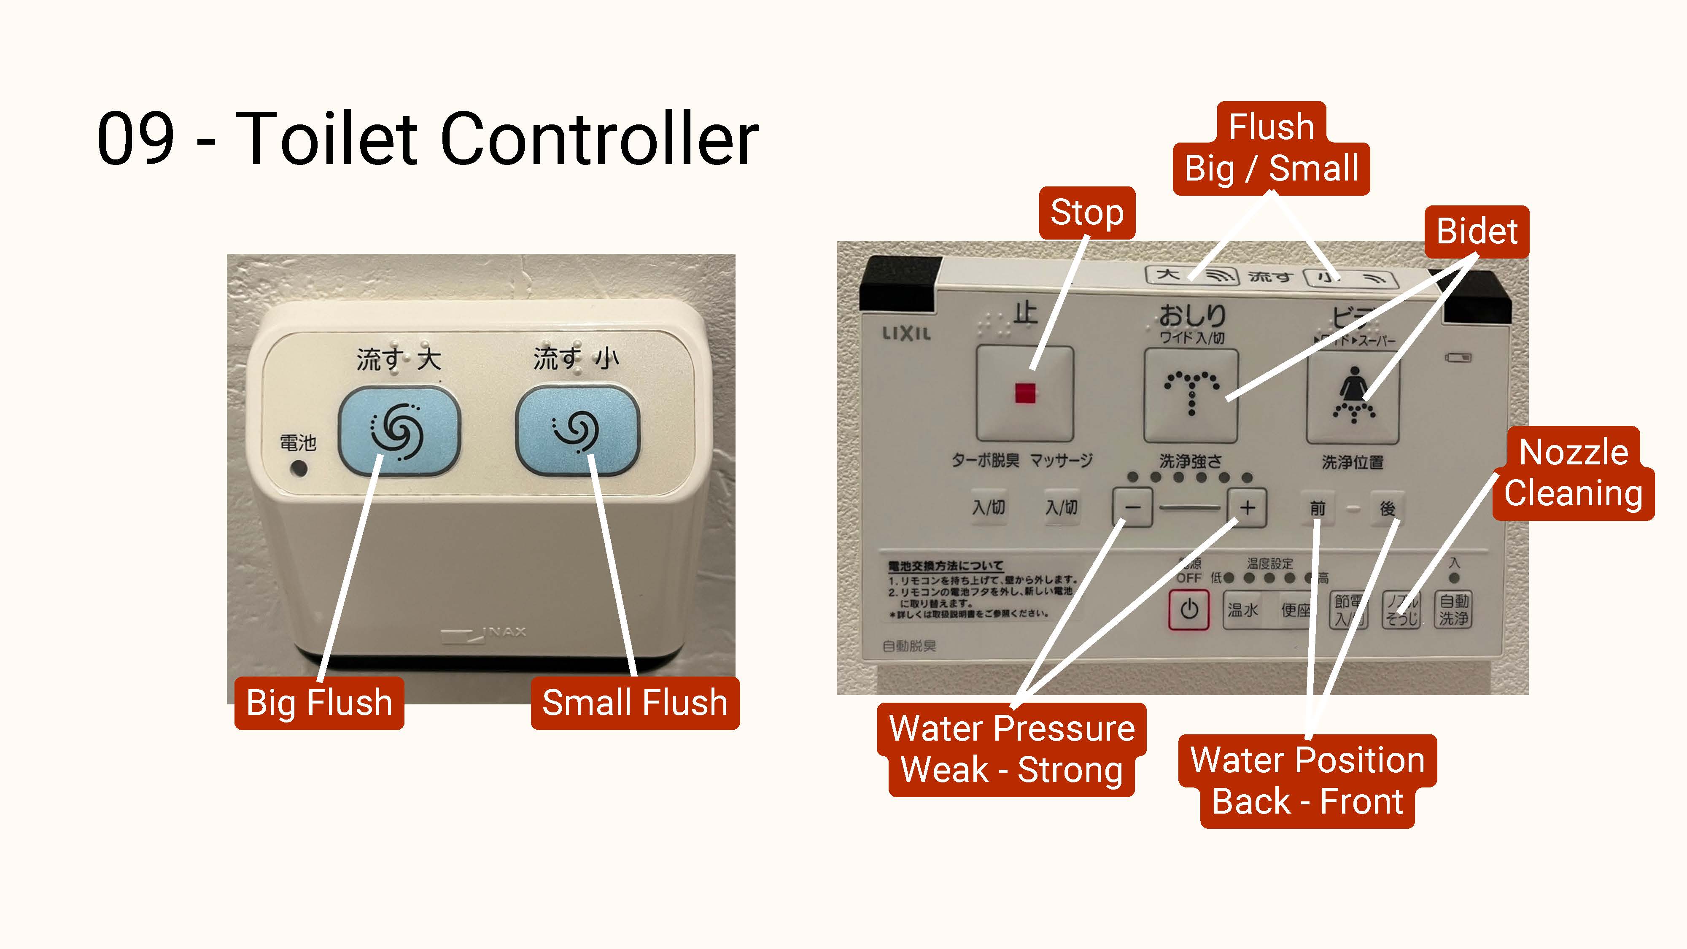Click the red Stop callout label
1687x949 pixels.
[x=1086, y=213]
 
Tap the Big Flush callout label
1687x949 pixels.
[x=319, y=703]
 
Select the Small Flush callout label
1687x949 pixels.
[x=635, y=703]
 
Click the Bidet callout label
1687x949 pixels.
[x=1477, y=231]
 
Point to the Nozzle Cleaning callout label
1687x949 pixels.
[x=1573, y=473]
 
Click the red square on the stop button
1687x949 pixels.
[x=1025, y=393]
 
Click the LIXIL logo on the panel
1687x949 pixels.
[x=906, y=333]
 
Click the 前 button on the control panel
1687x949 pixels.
[x=1317, y=508]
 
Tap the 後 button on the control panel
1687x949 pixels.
[x=1387, y=508]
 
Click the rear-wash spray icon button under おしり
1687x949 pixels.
[x=1191, y=395]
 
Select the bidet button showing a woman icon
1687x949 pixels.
[x=1353, y=395]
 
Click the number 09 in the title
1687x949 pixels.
[x=135, y=139]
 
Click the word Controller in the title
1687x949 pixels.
[x=599, y=139]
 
